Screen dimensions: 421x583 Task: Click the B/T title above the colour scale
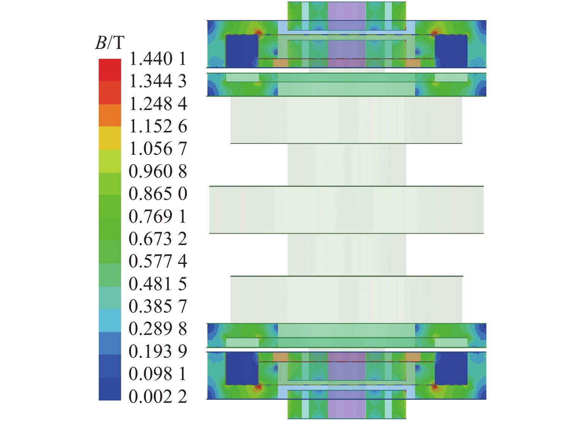click(109, 43)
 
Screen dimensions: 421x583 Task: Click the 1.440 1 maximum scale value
click(158, 59)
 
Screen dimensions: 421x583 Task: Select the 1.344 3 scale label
click(158, 82)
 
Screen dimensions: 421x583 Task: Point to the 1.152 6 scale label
click(158, 126)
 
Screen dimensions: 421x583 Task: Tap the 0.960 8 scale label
click(158, 171)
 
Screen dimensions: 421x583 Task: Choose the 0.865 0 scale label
click(158, 194)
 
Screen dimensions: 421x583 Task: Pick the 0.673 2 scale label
click(158, 239)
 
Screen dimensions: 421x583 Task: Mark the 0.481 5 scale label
click(158, 284)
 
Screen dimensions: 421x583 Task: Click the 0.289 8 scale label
click(158, 329)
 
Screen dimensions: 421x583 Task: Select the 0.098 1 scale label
click(158, 374)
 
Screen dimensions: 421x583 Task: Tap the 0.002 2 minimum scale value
click(158, 397)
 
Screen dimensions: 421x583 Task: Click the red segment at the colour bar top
click(110, 70)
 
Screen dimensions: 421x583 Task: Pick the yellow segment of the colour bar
click(110, 138)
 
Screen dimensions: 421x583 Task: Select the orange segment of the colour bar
click(110, 115)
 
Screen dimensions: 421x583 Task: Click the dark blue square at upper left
click(242, 51)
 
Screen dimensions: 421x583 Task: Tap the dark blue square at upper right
click(451, 51)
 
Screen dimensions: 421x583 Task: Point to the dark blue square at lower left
click(242, 369)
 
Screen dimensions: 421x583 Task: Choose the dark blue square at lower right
click(451, 369)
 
